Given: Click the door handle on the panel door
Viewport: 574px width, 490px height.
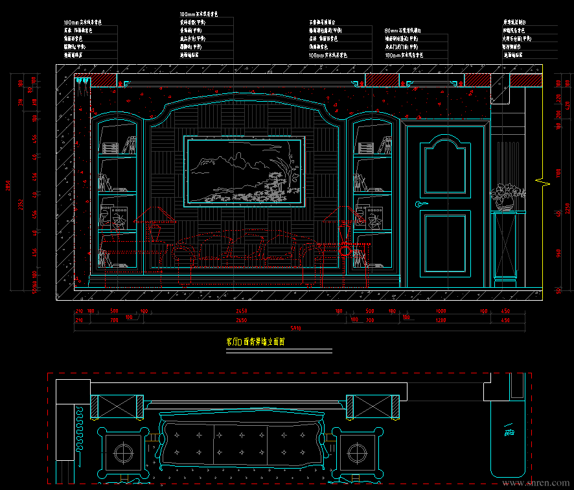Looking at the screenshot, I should click(422, 205).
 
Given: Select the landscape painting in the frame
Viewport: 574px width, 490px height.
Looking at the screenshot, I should click(246, 171).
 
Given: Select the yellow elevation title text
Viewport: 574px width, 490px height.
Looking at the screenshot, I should click(255, 342).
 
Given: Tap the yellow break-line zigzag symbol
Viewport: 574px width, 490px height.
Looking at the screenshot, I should click(542, 181).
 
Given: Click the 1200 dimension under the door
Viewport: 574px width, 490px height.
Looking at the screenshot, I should click(441, 320).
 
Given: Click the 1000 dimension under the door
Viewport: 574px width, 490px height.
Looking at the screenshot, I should click(441, 312).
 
